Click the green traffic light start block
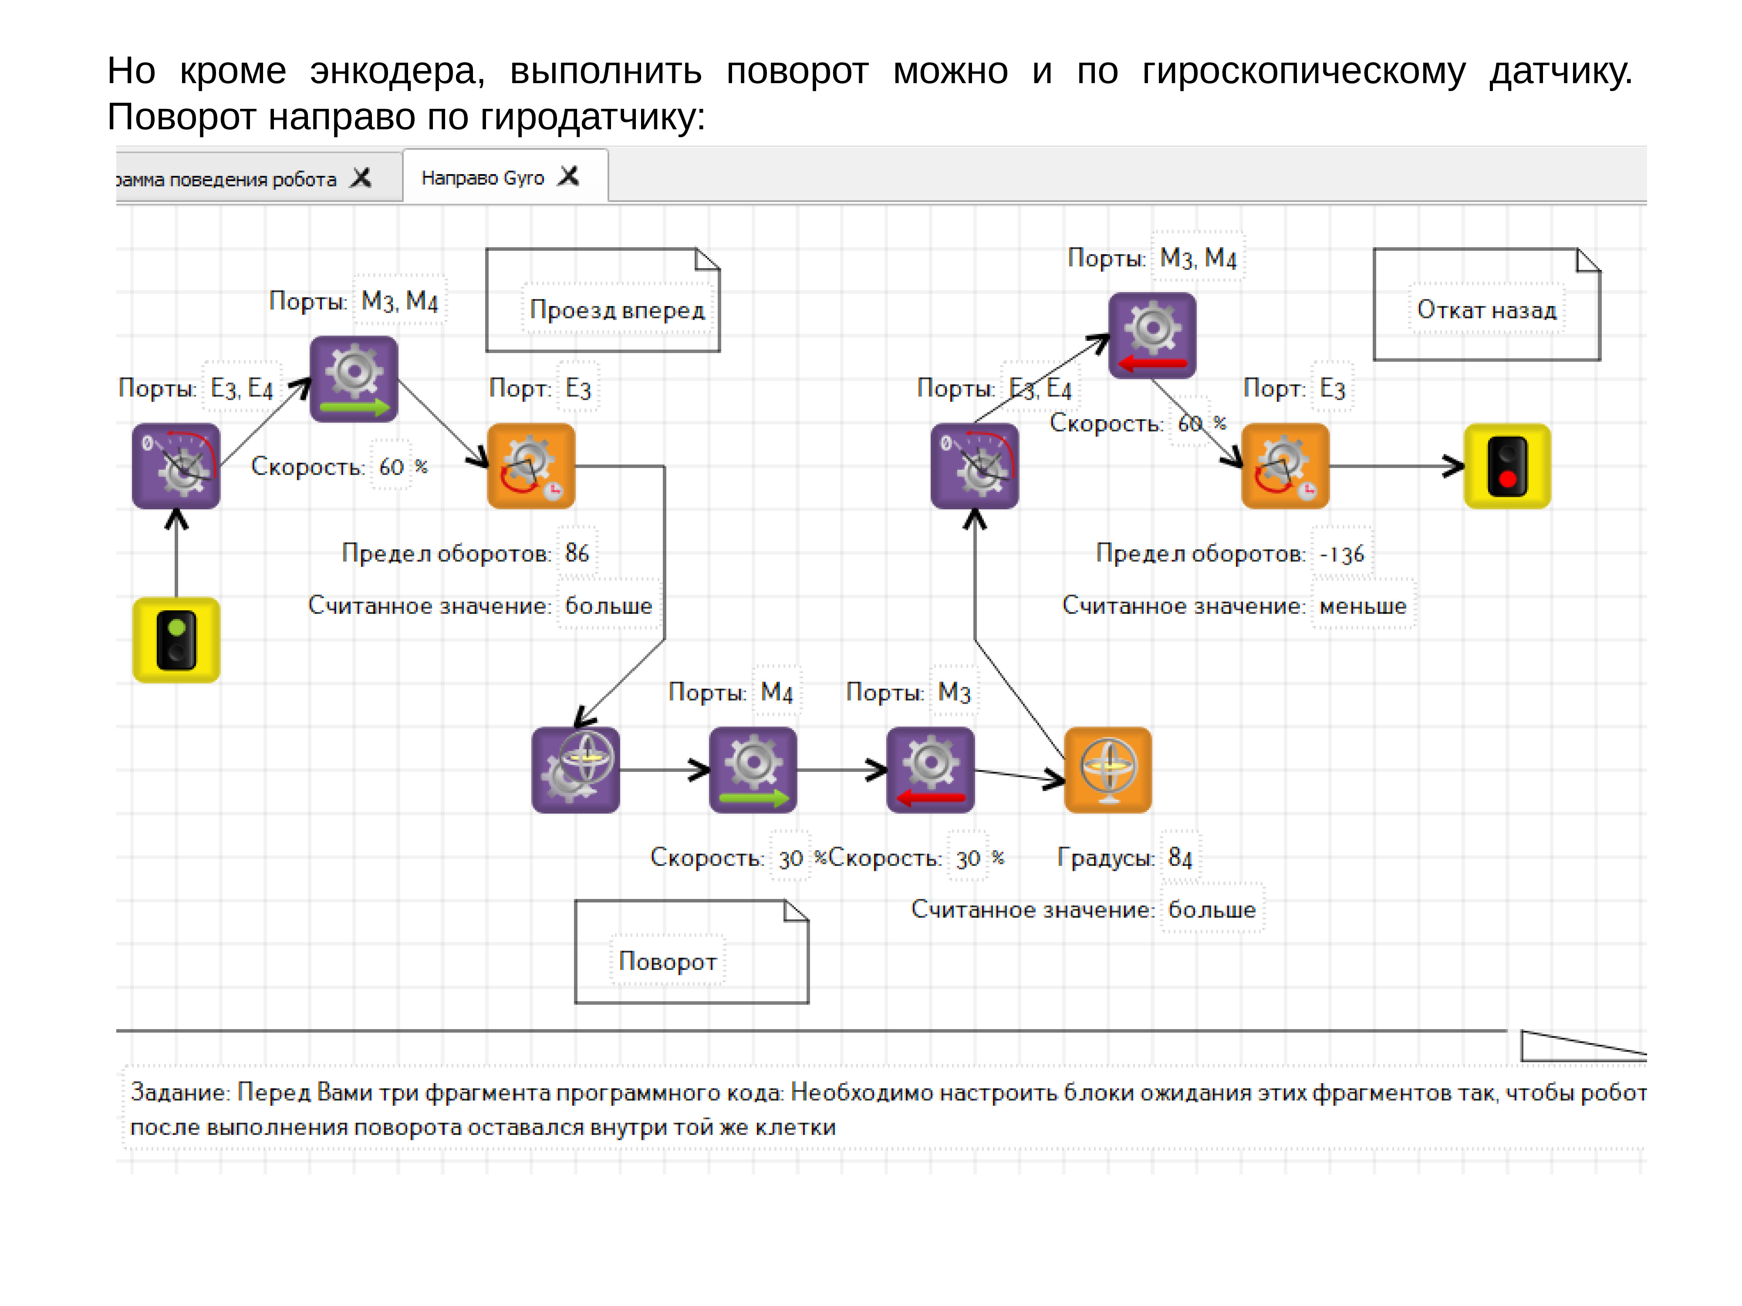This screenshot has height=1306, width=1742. pyautogui.click(x=176, y=639)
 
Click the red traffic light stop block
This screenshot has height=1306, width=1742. pyautogui.click(x=1506, y=466)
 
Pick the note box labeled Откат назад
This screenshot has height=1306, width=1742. pyautogui.click(x=1486, y=305)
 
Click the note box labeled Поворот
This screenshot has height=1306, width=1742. pyautogui.click(x=691, y=952)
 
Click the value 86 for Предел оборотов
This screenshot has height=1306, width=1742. pyautogui.click(x=577, y=553)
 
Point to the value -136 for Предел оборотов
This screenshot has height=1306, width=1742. pyautogui.click(x=1342, y=554)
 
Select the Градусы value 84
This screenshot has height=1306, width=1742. pyautogui.click(x=1180, y=857)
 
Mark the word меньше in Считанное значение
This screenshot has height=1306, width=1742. pyautogui.click(x=1362, y=606)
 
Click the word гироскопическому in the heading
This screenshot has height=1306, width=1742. pyautogui.click(x=1303, y=72)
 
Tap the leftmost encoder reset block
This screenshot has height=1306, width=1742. pyautogui.click(x=176, y=466)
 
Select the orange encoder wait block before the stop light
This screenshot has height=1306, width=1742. pyautogui.click(x=1284, y=466)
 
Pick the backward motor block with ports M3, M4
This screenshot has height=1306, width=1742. pyautogui.click(x=1152, y=335)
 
